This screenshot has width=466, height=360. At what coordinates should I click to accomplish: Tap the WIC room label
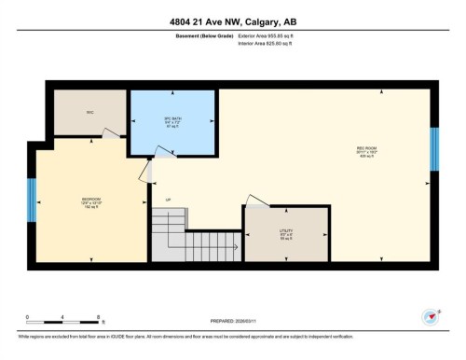coord(90,113)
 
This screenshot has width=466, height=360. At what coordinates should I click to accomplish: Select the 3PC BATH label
coord(171,121)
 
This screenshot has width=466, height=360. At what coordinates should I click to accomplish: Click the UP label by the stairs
coord(169,200)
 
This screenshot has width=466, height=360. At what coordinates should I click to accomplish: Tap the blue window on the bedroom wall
coord(32,198)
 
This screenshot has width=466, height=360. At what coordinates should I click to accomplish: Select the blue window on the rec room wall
coord(433,149)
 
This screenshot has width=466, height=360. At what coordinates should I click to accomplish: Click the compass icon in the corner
coord(430,317)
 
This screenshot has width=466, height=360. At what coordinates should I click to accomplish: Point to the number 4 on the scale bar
coord(63,318)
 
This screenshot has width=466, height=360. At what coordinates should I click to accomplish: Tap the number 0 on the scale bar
coord(28,318)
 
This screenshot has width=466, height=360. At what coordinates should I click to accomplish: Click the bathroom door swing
coord(145,169)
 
